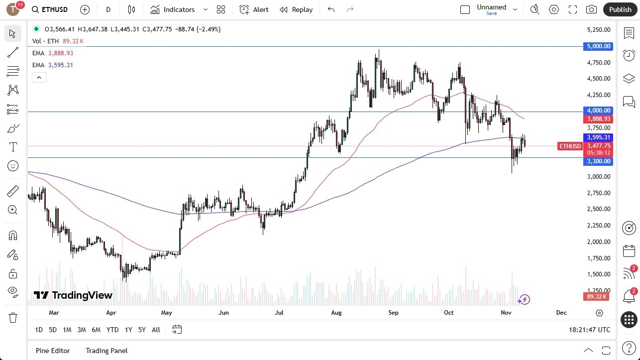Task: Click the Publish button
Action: click(x=620, y=9)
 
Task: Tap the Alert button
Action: click(x=254, y=9)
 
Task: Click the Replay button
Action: click(x=296, y=9)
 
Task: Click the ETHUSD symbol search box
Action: click(x=50, y=9)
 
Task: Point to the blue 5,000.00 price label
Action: click(x=598, y=46)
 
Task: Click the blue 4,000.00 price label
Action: click(x=598, y=111)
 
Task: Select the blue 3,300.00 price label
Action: click(x=598, y=161)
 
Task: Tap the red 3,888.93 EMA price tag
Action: click(x=598, y=120)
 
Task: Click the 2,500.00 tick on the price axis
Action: click(x=598, y=209)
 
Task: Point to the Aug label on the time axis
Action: click(x=336, y=313)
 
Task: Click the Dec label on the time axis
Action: click(x=561, y=313)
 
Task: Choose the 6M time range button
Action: click(x=96, y=330)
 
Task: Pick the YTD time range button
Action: click(x=112, y=330)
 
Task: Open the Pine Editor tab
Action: click(x=53, y=351)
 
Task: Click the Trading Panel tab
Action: click(x=107, y=351)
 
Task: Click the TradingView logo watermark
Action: click(x=73, y=295)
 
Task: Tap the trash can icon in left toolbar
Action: click(x=13, y=318)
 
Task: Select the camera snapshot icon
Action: click(x=591, y=9)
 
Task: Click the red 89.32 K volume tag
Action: click(x=596, y=297)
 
